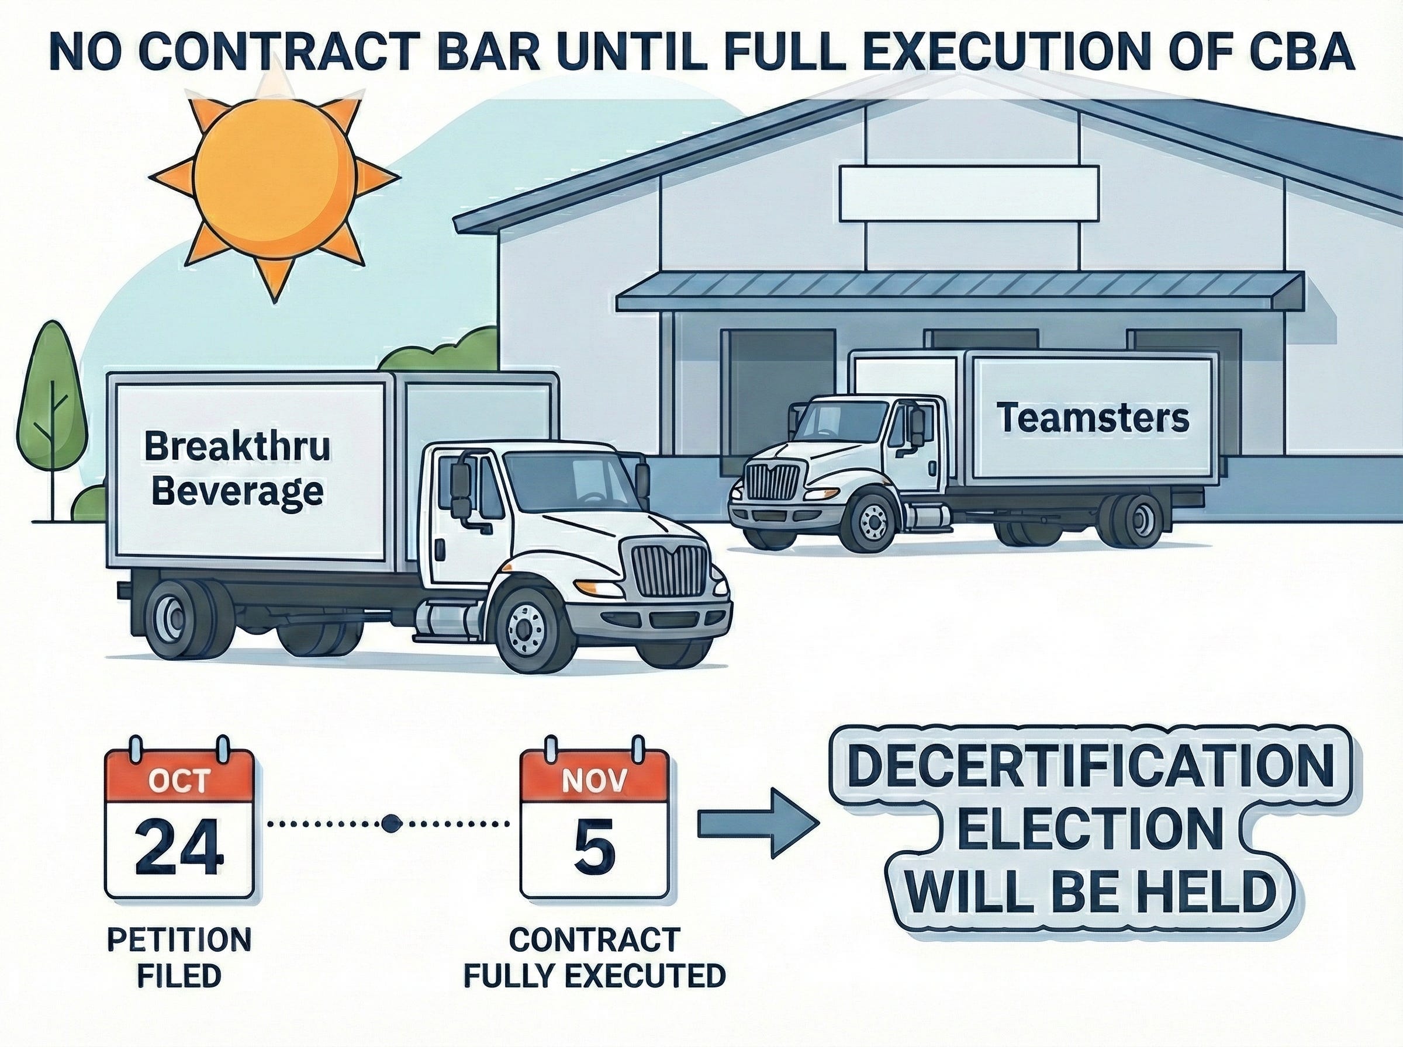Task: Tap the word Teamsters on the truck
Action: pos(1093,419)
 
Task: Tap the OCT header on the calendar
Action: pos(179,781)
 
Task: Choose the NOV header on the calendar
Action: pos(594,781)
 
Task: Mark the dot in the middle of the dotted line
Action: pos(389,824)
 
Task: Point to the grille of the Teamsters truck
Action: pos(772,481)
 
